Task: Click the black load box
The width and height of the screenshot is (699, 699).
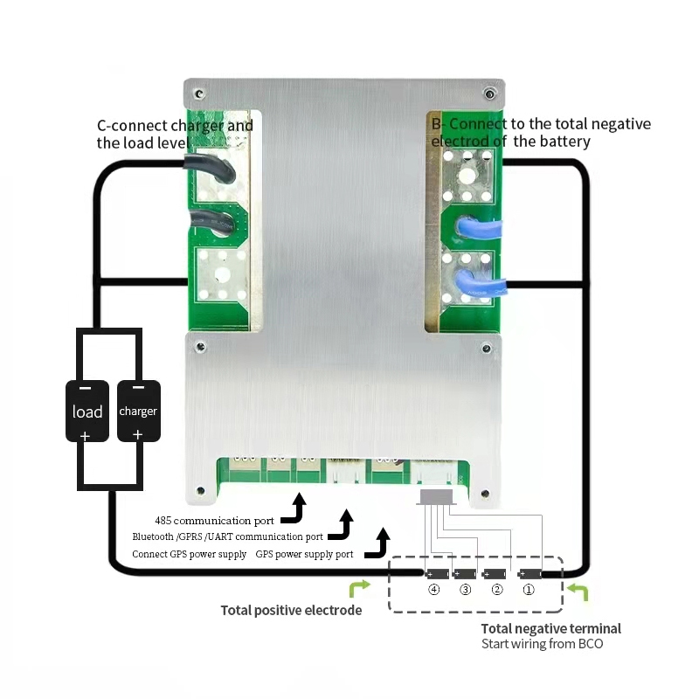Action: coord(87,411)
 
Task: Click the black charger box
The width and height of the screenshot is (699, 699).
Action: coord(138,411)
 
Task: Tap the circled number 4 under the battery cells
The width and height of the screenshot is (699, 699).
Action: coord(433,590)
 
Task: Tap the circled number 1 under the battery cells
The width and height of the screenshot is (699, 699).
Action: coord(529,590)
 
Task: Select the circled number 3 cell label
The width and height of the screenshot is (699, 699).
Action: coord(465,590)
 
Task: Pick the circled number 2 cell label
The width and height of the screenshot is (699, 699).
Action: coord(497,590)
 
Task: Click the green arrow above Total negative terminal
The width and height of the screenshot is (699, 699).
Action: coord(577,593)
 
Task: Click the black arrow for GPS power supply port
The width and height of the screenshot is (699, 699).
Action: coord(378,543)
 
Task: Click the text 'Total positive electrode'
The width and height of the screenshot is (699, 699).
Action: coord(291,611)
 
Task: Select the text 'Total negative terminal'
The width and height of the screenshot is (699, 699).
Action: coord(550,628)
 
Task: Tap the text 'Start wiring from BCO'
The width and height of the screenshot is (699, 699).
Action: coord(542,644)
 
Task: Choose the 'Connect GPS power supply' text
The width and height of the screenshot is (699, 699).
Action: coord(190,555)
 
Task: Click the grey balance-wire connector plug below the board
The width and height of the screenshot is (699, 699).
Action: coord(436,496)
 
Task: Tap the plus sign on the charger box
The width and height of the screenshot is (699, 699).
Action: coord(137,433)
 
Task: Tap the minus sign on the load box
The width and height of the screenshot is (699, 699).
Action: coord(86,388)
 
